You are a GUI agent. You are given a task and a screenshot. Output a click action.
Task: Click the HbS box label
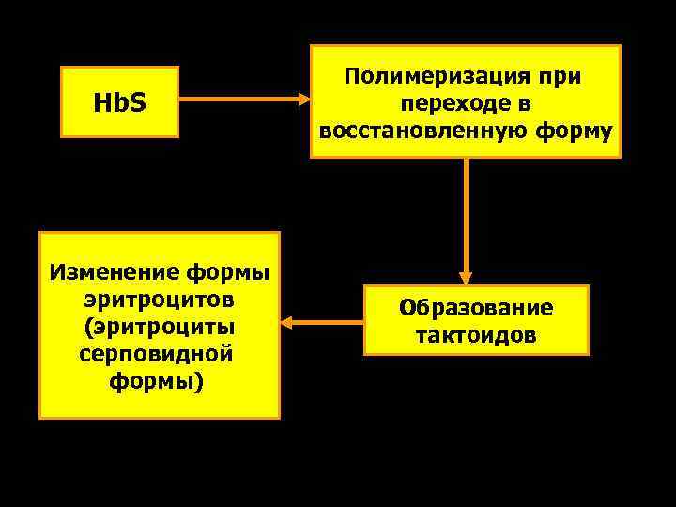click(x=119, y=101)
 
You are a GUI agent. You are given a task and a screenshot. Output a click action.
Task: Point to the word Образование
click(x=476, y=308)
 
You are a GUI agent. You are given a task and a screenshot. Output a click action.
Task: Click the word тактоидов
click(x=476, y=334)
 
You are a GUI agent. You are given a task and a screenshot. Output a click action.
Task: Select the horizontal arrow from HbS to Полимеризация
click(x=239, y=98)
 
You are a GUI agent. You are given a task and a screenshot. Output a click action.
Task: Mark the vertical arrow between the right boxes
click(x=466, y=216)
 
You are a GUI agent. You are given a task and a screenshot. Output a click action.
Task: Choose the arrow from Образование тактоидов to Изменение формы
click(x=324, y=323)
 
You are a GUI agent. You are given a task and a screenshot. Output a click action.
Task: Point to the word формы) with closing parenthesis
click(x=157, y=383)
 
